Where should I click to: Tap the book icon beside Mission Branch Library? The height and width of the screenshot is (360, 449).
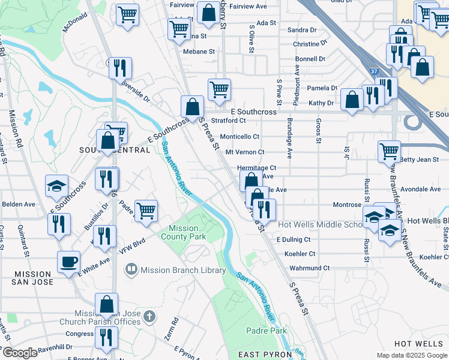coord(131,271)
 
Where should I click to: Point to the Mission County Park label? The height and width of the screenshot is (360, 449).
coord(183,232)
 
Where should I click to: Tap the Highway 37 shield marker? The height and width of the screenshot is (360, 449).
coord(375,71)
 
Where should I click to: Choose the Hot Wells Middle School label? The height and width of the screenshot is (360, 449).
coord(320,225)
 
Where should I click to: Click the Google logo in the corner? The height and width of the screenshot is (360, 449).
coord(20,353)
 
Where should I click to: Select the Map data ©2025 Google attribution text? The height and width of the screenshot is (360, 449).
coord(411,355)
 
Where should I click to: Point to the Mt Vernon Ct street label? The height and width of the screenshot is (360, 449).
coord(244,152)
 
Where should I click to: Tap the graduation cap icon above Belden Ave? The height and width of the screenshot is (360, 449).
coord(56,185)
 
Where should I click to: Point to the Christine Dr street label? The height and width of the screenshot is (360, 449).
coord(309,44)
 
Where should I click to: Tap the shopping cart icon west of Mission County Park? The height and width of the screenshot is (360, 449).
coord(146,211)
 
